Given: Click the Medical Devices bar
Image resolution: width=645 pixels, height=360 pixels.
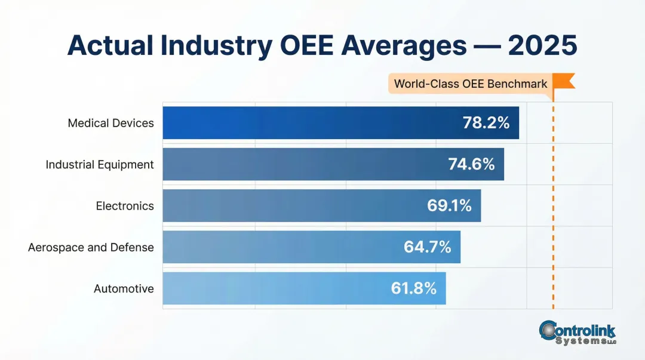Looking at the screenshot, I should [x=311, y=123].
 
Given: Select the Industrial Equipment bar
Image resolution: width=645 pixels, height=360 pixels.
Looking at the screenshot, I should [x=305, y=164].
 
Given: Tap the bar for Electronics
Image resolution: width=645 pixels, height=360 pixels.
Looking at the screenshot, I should [x=293, y=206].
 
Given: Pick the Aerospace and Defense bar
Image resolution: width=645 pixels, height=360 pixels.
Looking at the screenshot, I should [x=281, y=247].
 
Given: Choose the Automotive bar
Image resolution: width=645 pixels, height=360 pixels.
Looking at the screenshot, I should [x=275, y=288].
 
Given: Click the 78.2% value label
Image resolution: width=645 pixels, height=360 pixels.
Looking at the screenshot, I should [x=486, y=123].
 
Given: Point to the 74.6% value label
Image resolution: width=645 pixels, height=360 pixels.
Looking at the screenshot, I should [x=471, y=164].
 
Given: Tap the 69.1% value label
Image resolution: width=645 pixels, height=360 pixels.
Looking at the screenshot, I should [x=449, y=206].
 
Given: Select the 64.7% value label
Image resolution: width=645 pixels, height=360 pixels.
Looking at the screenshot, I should [x=428, y=247].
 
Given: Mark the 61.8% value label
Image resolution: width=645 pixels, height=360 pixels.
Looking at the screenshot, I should [x=414, y=288].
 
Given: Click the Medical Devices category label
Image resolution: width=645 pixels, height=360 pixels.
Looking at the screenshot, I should [x=110, y=123].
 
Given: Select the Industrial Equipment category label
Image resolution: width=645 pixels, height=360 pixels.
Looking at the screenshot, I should [x=100, y=164].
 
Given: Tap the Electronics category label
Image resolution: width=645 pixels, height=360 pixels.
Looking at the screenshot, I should [x=125, y=206].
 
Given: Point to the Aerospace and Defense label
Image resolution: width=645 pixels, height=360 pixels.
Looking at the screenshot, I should [x=91, y=247].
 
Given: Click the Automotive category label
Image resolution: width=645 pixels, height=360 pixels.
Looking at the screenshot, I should [x=124, y=288].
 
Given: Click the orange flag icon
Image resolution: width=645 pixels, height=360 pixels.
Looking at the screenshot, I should [x=564, y=81].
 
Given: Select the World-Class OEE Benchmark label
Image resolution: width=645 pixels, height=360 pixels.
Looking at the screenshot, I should [x=471, y=84].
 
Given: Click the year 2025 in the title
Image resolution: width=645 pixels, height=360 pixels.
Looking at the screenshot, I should [x=542, y=46].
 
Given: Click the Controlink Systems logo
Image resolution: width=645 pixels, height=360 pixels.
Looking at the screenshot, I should [x=577, y=333].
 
